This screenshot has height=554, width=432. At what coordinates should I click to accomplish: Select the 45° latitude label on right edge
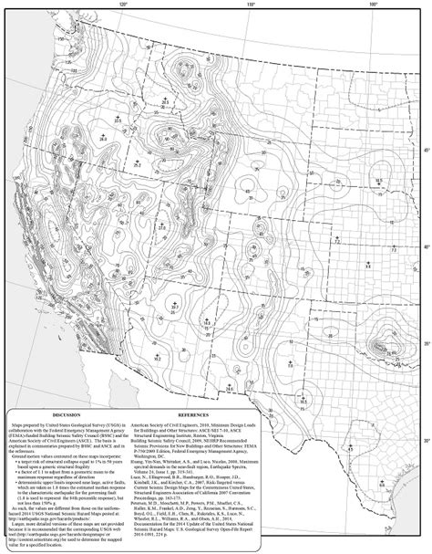423,149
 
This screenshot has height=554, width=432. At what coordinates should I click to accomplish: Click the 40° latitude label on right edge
423,246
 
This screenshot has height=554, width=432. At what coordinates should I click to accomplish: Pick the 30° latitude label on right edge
423,440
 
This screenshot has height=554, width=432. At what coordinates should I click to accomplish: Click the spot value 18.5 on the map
208,323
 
